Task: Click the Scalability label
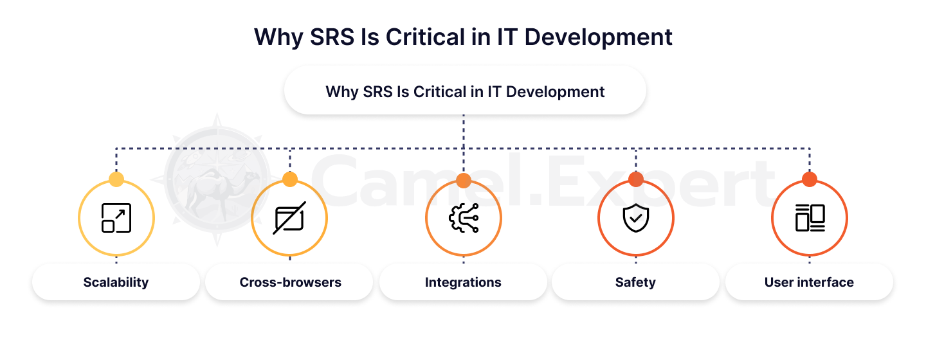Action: coord(116,282)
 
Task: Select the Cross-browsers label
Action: coord(290,282)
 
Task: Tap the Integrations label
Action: coord(463,282)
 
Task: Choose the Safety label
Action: coord(635,282)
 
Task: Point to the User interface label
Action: coord(809,282)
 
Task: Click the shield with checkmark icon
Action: coord(636,218)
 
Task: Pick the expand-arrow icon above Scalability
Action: coord(116,218)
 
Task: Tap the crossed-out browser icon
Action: coord(289,218)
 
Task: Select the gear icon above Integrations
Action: coord(464,218)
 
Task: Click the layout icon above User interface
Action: coord(810,218)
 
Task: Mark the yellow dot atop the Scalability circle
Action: coord(116,179)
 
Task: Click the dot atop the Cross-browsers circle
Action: coord(290,179)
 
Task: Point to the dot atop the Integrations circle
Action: coord(464,180)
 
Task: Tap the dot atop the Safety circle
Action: coord(636,179)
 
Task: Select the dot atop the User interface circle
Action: coord(810,179)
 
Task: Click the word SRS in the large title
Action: coord(332,37)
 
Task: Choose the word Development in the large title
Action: coord(598,38)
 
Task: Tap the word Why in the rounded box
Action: coord(342,93)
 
